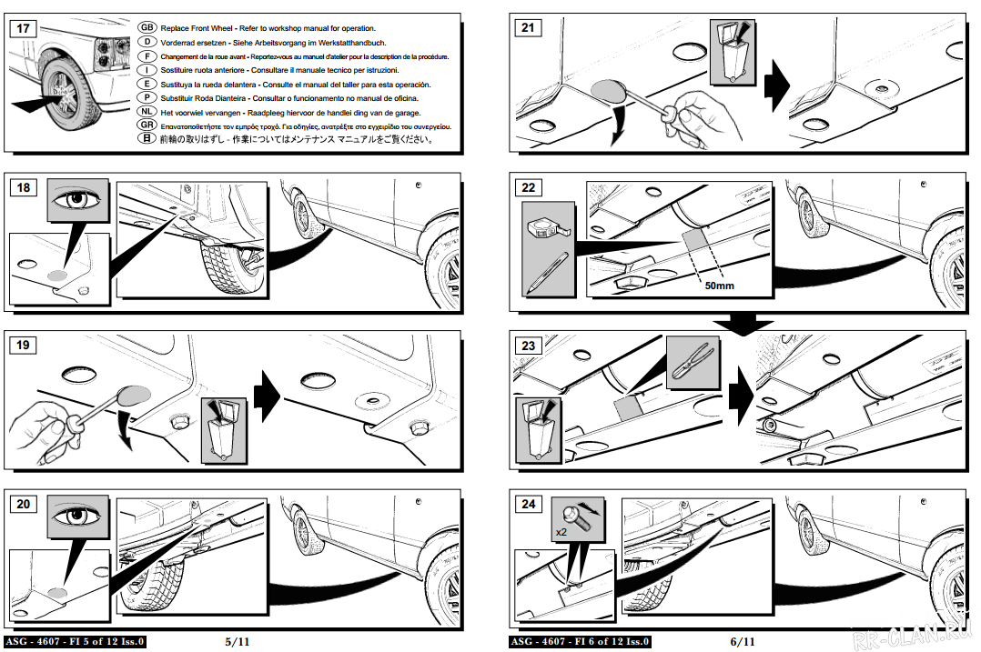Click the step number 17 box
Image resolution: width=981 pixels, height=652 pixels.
click(x=24, y=28)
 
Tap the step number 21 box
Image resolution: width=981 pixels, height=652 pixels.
click(x=528, y=28)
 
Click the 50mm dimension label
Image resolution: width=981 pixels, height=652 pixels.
click(x=719, y=286)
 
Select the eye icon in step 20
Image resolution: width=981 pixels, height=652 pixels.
click(x=77, y=516)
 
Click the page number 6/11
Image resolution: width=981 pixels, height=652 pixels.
click(x=743, y=641)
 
